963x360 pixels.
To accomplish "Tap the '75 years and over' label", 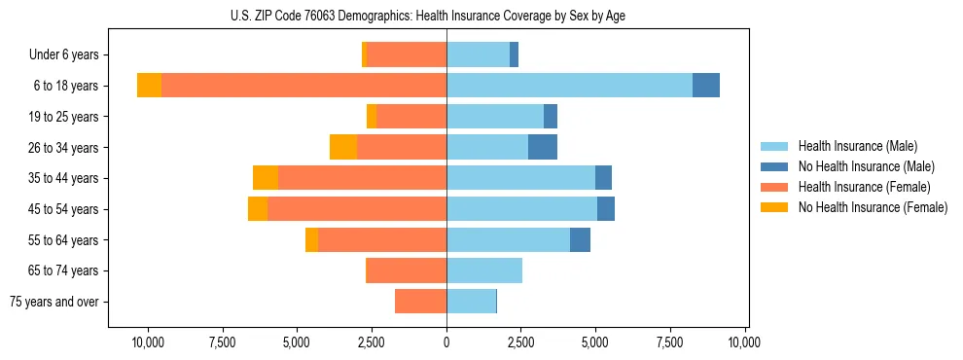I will (54, 302).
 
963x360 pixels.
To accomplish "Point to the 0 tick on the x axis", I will (446, 342).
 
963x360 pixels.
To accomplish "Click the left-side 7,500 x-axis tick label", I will (222, 342).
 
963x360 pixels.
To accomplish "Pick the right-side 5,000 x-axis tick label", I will (595, 342).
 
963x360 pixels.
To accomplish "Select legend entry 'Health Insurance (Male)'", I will (857, 146).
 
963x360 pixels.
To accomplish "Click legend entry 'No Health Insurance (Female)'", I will (873, 207).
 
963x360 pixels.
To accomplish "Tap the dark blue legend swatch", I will (775, 166).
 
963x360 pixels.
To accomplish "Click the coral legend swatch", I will (775, 187).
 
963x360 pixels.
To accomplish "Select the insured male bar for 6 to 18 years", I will (569, 86).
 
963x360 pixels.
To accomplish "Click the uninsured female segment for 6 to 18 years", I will (149, 86).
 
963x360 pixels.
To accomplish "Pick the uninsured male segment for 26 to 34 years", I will (543, 147).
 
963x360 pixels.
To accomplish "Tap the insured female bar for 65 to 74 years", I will (406, 270).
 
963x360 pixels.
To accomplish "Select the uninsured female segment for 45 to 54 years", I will (258, 209).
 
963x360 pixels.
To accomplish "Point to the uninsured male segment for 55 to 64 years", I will (580, 239).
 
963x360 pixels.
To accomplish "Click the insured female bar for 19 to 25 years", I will (411, 117).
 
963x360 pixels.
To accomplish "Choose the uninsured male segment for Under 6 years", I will (514, 55).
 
